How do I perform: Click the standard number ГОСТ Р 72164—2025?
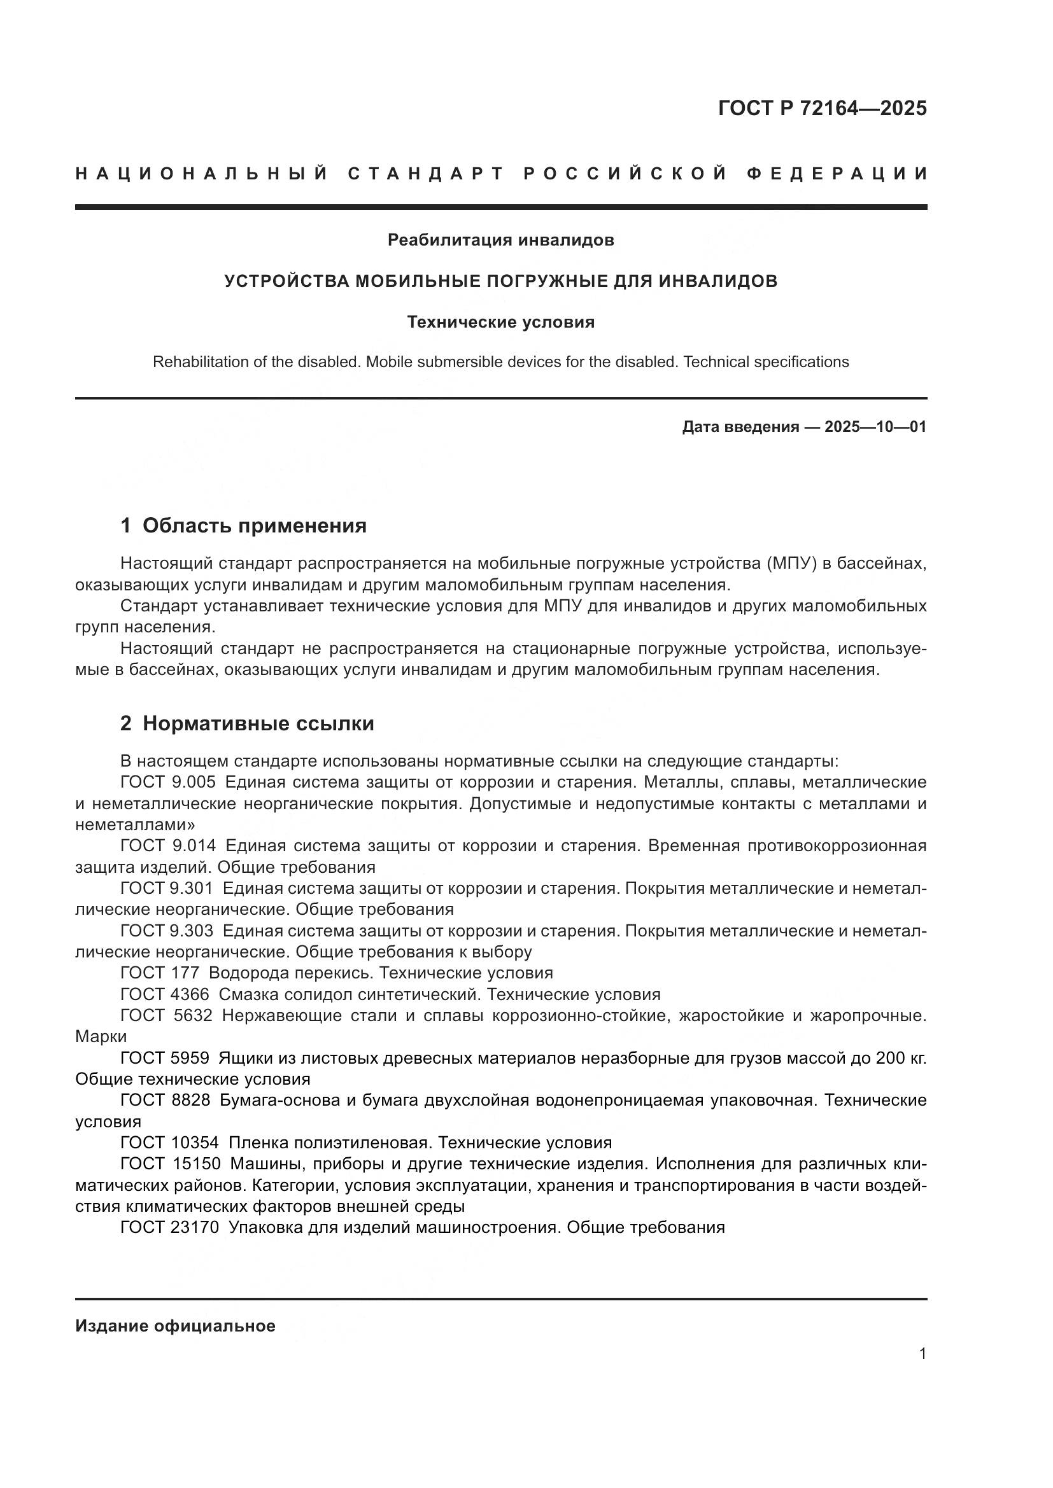coord(822,108)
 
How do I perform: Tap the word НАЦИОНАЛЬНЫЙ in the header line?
coord(202,174)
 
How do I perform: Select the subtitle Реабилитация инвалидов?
coord(500,240)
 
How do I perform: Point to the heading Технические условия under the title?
coord(500,322)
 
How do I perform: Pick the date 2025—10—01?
coord(875,427)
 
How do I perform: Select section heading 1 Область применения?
coord(243,525)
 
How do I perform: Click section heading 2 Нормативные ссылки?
coord(247,723)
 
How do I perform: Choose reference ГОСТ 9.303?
coord(167,931)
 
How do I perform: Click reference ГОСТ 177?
coord(160,973)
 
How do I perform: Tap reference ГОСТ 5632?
coord(167,1015)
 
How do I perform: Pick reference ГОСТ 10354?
coord(169,1143)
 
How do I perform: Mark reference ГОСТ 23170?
coord(169,1227)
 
